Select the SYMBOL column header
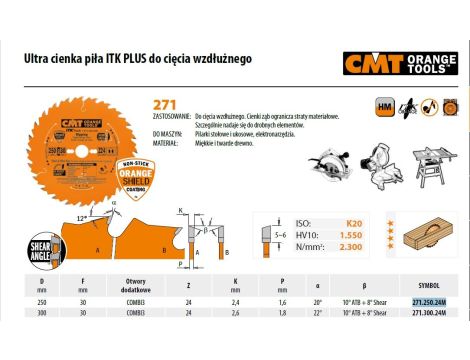pyautogui.click(x=419, y=283)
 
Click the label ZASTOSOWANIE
pyautogui.click(x=174, y=117)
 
